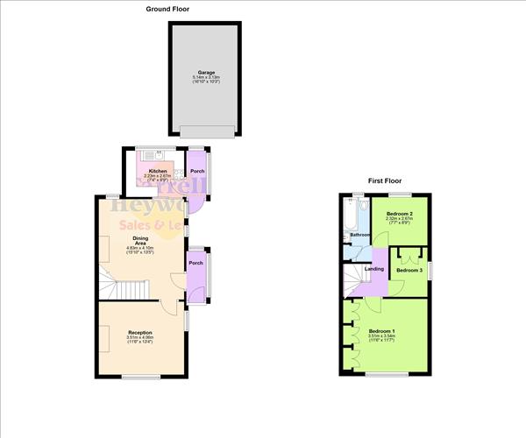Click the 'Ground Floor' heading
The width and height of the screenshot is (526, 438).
[167, 9]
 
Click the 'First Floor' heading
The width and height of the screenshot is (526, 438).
[386, 180]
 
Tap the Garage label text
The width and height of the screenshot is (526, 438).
[207, 73]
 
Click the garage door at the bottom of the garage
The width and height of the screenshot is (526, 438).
[207, 131]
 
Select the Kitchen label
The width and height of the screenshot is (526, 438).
[157, 171]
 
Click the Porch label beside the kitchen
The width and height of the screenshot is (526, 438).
[197, 171]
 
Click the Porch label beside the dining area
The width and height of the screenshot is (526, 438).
[196, 263]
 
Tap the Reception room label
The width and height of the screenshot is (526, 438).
[140, 333]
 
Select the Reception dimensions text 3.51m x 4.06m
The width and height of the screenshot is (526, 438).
[140, 337]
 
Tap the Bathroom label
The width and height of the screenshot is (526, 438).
[359, 235]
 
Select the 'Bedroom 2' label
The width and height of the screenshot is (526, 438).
[399, 214]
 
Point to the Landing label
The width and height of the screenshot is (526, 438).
[373, 268]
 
